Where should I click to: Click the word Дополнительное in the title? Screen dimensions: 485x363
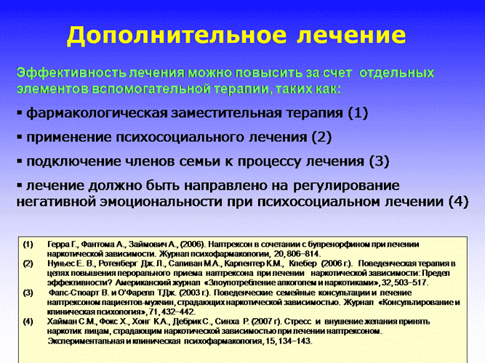(x=177, y=36)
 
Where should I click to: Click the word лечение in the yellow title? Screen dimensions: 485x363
(x=351, y=35)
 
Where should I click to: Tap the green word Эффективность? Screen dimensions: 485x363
(x=71, y=73)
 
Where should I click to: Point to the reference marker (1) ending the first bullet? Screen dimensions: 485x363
(x=358, y=113)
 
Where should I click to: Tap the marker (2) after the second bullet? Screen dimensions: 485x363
(x=321, y=137)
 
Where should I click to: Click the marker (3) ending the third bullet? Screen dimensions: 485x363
(x=379, y=161)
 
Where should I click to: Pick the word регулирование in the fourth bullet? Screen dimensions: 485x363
(x=346, y=186)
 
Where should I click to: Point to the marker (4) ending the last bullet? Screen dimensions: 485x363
(x=458, y=202)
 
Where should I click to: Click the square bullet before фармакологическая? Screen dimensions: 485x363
(x=20, y=113)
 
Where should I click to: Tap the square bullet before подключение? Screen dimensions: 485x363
(x=20, y=162)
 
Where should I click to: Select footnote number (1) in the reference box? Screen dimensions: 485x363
(x=28, y=245)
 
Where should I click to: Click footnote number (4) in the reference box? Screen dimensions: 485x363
(x=28, y=322)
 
